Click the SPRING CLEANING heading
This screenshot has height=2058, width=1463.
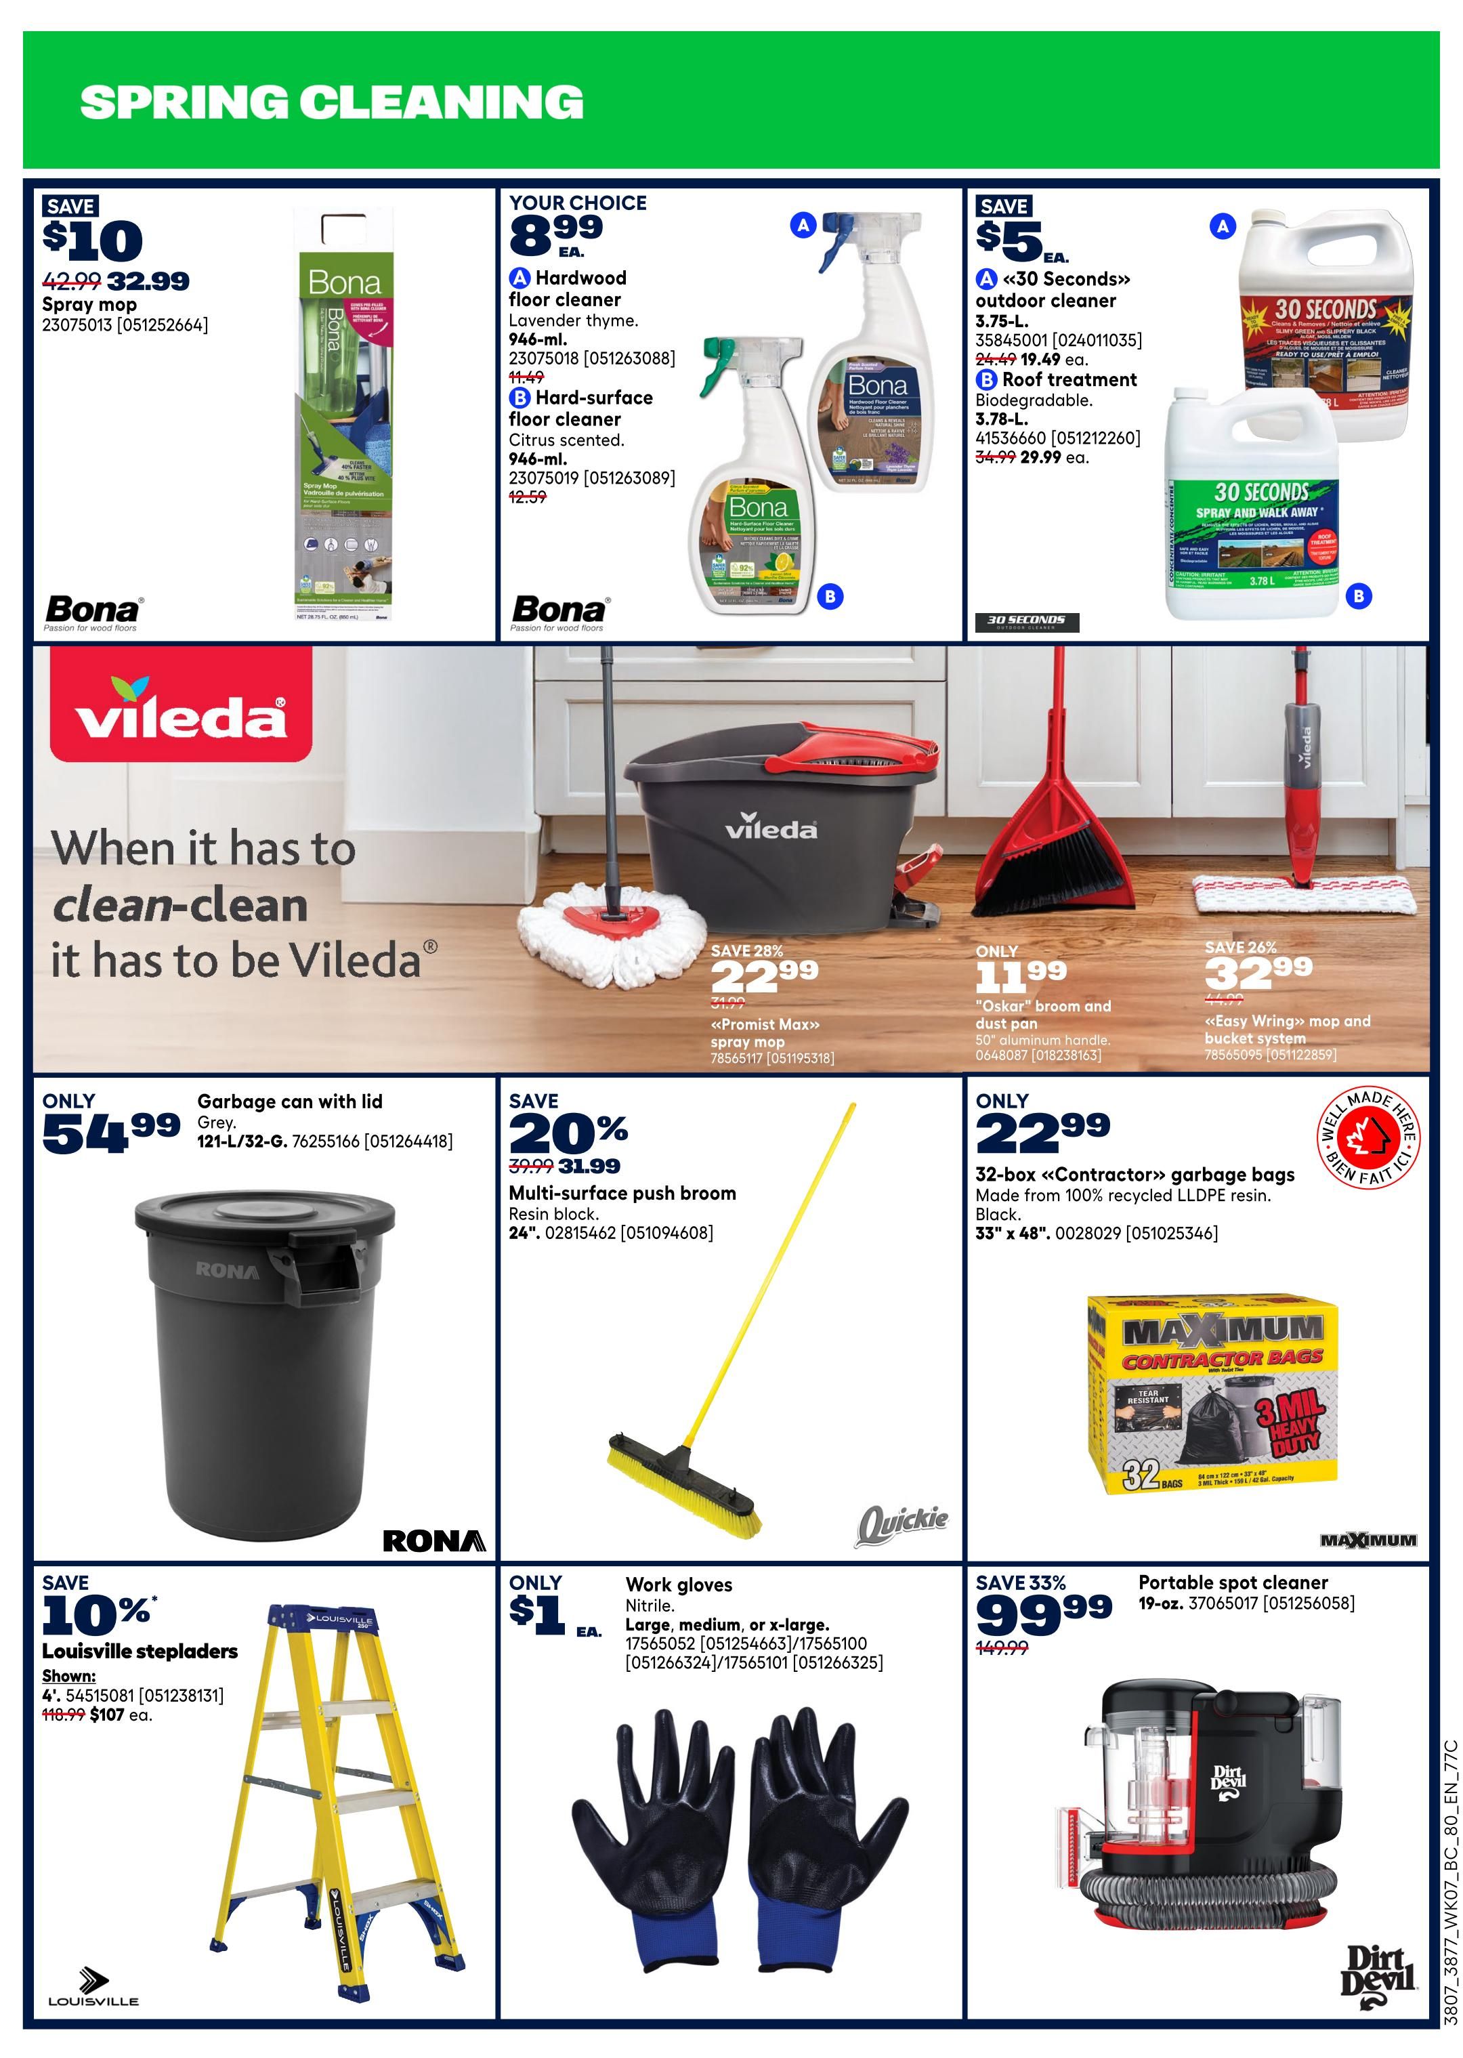[331, 102]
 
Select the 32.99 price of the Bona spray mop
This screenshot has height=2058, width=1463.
[148, 281]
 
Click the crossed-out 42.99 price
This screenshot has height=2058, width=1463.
[71, 281]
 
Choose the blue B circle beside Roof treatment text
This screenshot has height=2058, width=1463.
[986, 380]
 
